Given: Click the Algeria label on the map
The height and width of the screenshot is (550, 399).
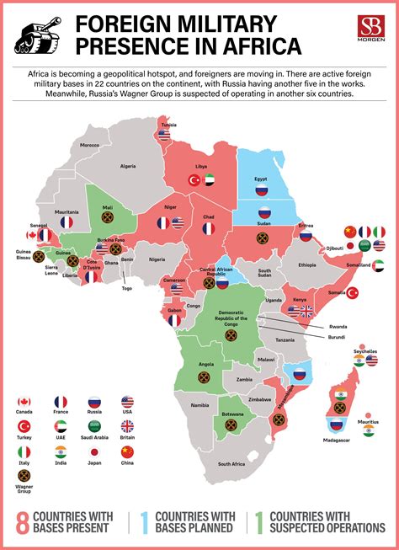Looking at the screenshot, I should [x=128, y=166].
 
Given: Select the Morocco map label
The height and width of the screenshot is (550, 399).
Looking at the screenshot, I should [x=89, y=145].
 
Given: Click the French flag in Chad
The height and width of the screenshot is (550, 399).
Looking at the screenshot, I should [x=209, y=227].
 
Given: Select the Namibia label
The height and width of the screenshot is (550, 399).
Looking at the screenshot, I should [x=199, y=406].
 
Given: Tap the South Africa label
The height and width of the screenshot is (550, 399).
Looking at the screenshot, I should [x=231, y=464].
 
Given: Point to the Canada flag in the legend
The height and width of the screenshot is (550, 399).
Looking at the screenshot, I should [x=24, y=402].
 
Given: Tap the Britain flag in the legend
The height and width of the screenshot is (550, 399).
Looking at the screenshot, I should [x=127, y=426].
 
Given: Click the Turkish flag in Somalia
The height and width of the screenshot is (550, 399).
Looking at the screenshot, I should [x=354, y=292].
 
